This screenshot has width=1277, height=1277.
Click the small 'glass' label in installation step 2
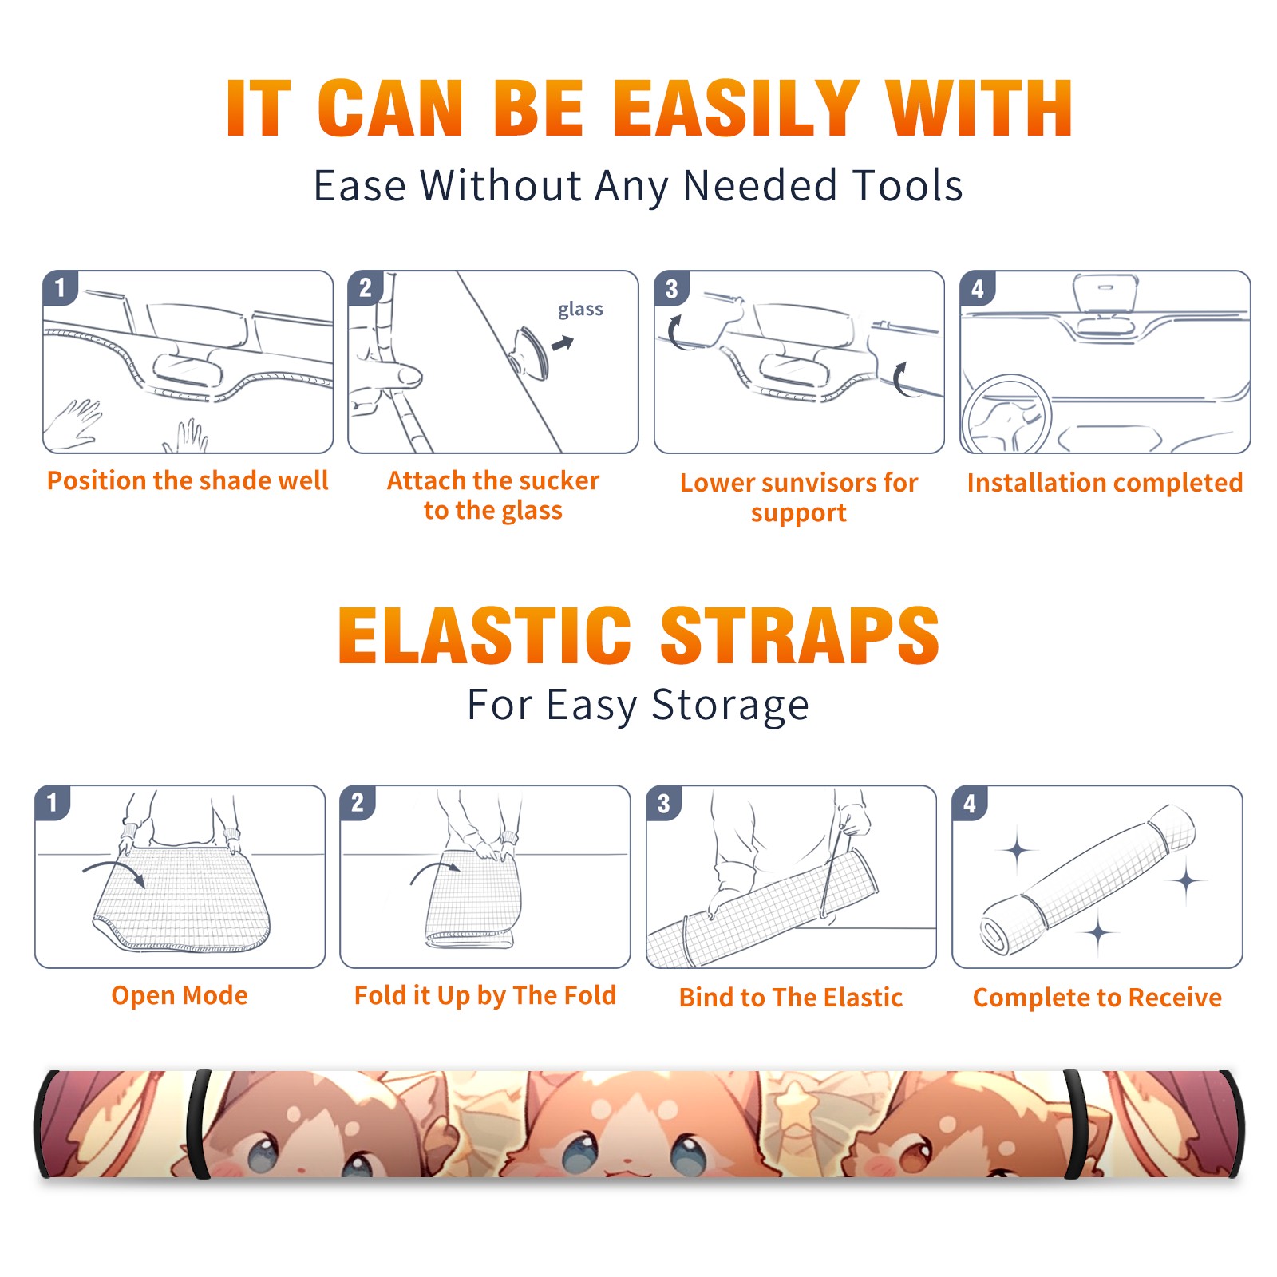coord(580,310)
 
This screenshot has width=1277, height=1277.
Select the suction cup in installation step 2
coord(529,352)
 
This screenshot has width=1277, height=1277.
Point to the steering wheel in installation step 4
coord(1006,415)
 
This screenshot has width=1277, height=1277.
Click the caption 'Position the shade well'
coord(188,480)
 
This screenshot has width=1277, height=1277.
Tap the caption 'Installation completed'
coord(1105,482)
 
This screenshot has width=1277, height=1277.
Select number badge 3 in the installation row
coord(671,288)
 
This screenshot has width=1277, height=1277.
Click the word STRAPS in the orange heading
coord(800,635)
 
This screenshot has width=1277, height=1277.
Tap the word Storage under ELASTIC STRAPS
coord(730,706)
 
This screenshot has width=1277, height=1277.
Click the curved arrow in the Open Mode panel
coord(114,871)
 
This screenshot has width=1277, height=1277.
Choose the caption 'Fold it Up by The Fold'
coord(485,995)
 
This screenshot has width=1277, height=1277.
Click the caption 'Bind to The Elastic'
coord(791,998)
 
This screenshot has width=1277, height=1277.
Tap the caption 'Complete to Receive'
coord(1097,998)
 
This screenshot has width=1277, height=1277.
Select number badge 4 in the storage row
coord(970,803)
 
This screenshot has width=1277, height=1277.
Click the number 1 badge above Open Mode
coord(53,803)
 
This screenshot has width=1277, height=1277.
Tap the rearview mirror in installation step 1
coord(188,369)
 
